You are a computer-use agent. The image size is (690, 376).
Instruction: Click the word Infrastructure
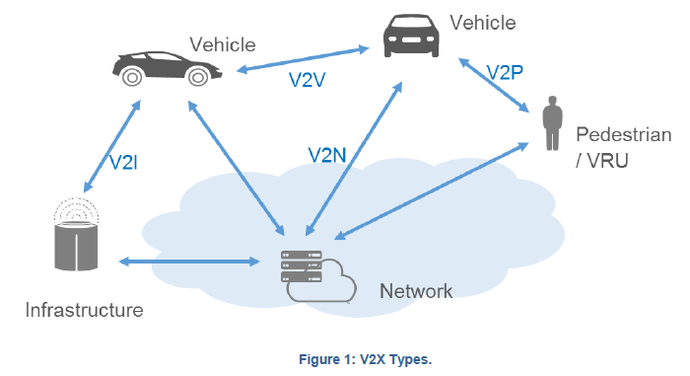[84, 311]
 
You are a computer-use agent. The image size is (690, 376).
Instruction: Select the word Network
[416, 291]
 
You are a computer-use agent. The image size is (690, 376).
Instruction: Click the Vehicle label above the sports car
[223, 44]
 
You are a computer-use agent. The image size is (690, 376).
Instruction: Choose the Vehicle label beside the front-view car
[482, 21]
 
